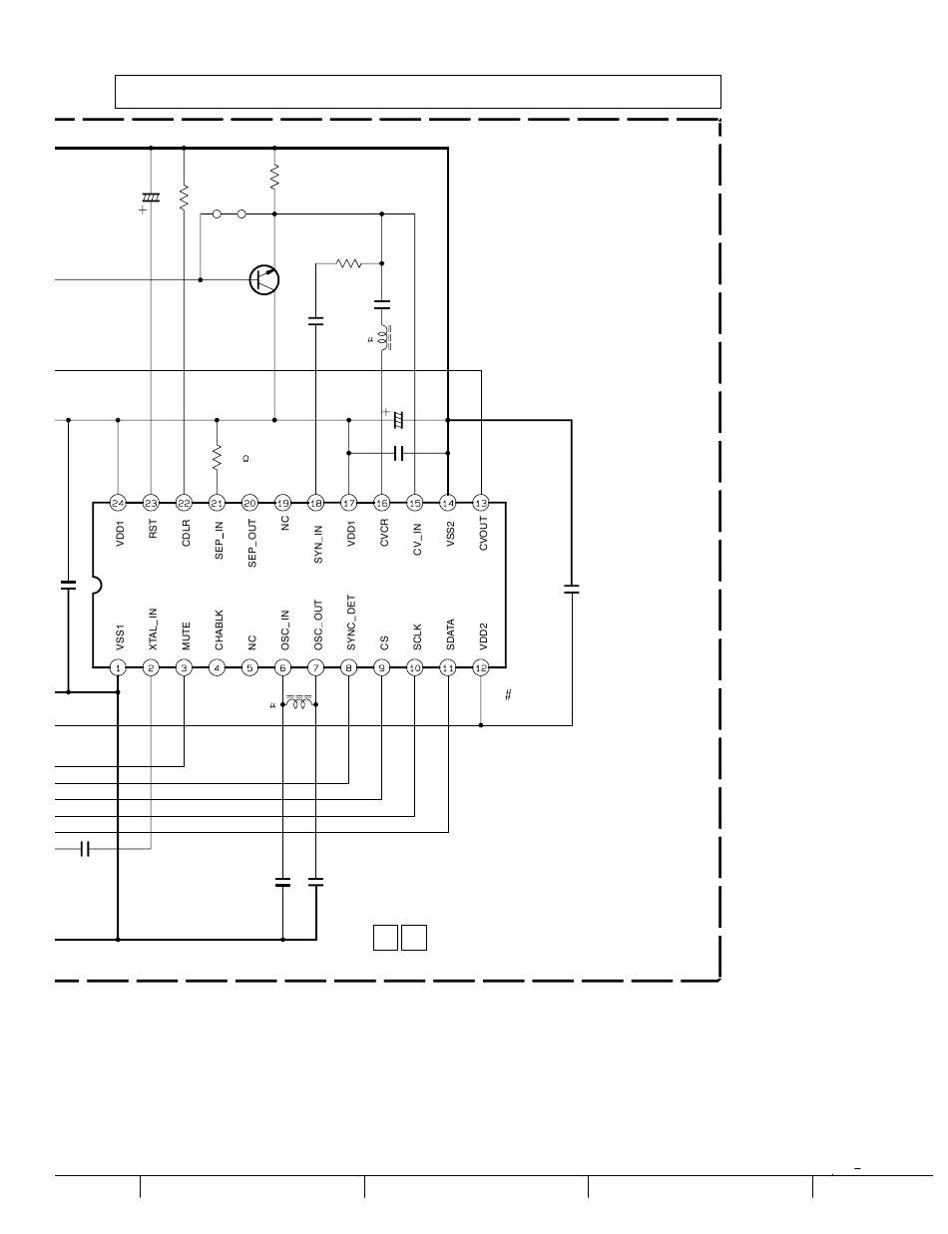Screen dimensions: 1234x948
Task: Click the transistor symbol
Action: pos(264,279)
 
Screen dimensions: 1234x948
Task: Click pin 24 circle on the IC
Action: pos(118,503)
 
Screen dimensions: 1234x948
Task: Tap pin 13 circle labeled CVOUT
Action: pos(481,503)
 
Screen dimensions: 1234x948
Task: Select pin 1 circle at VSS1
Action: pos(118,667)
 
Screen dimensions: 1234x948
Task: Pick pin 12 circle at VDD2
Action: pos(481,667)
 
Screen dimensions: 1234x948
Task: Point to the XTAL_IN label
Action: pos(153,628)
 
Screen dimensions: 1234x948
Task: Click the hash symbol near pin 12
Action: pos(508,695)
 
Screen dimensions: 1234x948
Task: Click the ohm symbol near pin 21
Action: pos(245,459)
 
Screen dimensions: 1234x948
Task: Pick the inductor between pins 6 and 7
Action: pos(299,702)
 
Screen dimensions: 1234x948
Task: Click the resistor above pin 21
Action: pos(217,458)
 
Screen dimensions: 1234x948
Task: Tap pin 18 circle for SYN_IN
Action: pos(315,503)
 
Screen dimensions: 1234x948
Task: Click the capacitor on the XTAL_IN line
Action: pos(85,849)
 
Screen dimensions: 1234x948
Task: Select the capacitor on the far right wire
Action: pos(571,590)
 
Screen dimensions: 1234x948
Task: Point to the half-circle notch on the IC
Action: pos(97,585)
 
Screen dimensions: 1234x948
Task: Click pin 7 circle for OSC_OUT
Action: pos(315,667)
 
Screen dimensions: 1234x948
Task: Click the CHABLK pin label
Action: pos(219,632)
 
